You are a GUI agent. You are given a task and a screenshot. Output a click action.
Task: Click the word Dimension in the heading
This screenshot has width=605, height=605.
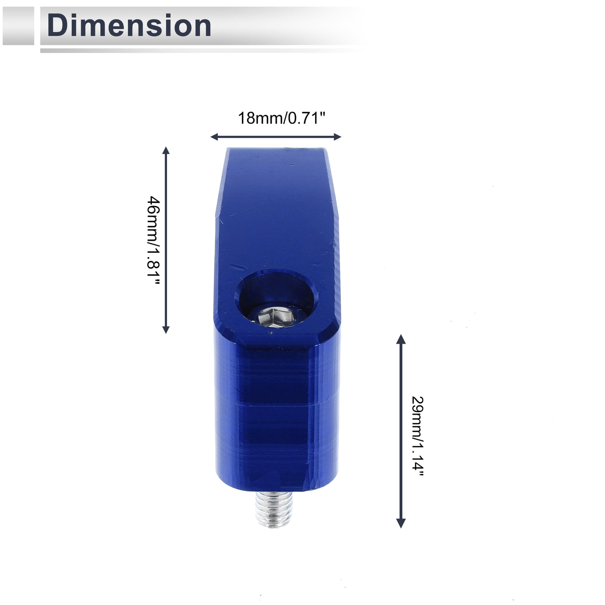click(129, 26)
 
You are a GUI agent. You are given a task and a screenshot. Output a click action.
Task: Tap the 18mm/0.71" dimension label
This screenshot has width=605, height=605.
click(282, 118)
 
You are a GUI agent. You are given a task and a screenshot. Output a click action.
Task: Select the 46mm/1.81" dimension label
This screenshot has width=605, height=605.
click(154, 241)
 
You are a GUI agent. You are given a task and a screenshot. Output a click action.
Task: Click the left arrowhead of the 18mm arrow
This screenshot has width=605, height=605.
click(214, 136)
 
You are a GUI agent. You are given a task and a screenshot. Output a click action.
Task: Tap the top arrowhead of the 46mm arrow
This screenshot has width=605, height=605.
click(166, 150)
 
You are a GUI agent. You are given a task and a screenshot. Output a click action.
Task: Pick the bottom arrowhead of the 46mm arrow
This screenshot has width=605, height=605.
click(166, 330)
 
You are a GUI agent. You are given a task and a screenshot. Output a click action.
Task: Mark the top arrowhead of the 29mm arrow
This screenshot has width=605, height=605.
click(401, 339)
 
